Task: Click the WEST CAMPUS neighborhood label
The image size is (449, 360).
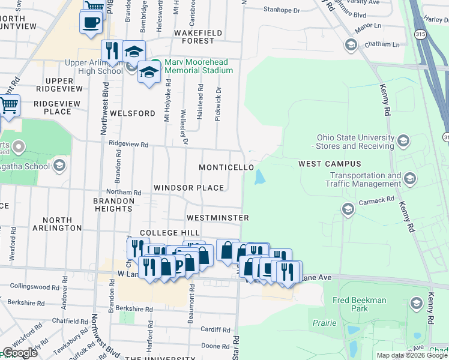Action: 330,164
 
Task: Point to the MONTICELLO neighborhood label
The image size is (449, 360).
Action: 226,167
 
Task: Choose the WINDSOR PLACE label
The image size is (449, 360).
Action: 188,188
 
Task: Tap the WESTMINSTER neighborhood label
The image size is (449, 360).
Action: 218,217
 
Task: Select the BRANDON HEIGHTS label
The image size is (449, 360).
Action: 113,205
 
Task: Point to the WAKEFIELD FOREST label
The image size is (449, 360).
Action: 197,37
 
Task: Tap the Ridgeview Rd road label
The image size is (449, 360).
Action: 128,144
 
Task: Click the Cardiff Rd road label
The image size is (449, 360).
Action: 215,329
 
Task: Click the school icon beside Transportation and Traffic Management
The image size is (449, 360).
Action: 410,178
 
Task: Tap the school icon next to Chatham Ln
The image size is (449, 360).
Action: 351,45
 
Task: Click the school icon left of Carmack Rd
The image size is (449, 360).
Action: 348,209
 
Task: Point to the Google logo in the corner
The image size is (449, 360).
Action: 20,353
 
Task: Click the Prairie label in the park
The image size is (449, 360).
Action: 325,322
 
